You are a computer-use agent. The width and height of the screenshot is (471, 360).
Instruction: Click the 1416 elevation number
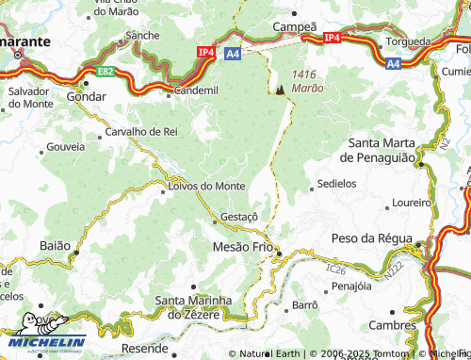coord(307,74)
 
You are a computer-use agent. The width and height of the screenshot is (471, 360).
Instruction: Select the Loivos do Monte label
coord(206,186)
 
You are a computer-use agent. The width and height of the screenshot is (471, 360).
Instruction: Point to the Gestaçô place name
coord(238,217)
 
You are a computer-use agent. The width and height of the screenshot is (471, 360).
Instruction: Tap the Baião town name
coord(55,245)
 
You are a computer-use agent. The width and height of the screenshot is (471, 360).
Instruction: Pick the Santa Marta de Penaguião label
coord(382,150)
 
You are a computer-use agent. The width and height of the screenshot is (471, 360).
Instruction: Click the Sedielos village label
coord(337,184)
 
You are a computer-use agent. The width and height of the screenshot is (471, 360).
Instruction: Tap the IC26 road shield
coord(336,270)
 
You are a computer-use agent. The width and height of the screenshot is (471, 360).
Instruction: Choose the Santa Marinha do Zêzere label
coord(193,307)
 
